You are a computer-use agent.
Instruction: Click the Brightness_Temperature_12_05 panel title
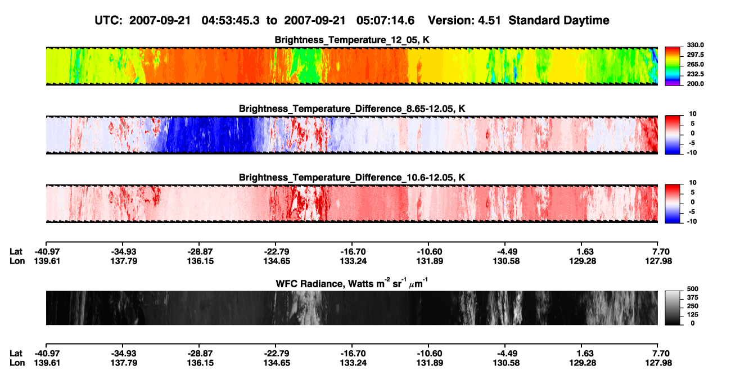click(x=352, y=40)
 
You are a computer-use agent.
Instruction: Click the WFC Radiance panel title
click(x=352, y=283)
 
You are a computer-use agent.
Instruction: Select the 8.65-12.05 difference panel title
click(x=352, y=109)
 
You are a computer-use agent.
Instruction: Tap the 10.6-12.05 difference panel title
click(x=352, y=178)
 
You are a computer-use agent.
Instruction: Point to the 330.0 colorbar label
click(x=695, y=45)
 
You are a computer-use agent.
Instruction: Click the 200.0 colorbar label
click(x=695, y=84)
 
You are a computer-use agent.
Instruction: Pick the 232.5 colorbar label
click(x=695, y=74)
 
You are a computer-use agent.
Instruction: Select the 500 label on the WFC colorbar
click(x=693, y=289)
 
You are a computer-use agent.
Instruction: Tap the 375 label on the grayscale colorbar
click(x=693, y=297)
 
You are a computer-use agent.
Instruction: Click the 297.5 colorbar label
click(x=695, y=55)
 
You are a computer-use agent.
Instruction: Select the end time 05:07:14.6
click(x=385, y=21)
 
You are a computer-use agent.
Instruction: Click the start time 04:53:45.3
click(x=231, y=21)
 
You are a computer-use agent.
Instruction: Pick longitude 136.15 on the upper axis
click(x=200, y=261)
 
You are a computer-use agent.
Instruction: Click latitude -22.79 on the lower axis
click(x=277, y=354)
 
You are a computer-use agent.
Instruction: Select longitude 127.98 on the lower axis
click(x=658, y=363)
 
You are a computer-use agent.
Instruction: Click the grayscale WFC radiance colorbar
click(x=673, y=308)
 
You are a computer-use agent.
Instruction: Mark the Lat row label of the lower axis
click(x=16, y=354)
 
